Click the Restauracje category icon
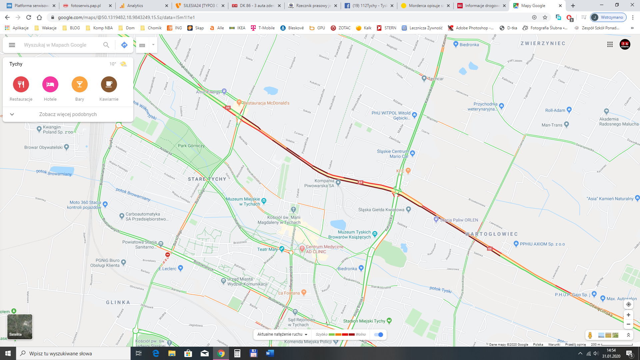tap(21, 84)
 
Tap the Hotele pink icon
tap(50, 84)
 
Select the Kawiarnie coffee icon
tap(109, 84)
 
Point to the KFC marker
tap(408, 171)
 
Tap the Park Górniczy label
tap(191, 146)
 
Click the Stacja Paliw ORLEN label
tap(459, 220)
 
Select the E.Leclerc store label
tap(168, 269)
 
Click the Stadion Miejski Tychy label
tap(364, 321)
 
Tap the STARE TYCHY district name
tap(207, 179)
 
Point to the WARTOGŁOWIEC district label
tap(491, 234)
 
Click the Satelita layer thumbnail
tap(20, 327)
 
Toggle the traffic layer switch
tap(379, 334)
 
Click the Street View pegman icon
tap(590, 335)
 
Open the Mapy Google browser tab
tap(533, 6)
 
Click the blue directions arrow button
tap(124, 45)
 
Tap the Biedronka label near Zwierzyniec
tap(469, 45)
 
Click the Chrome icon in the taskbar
tap(221, 353)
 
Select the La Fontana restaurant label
tap(289, 293)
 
